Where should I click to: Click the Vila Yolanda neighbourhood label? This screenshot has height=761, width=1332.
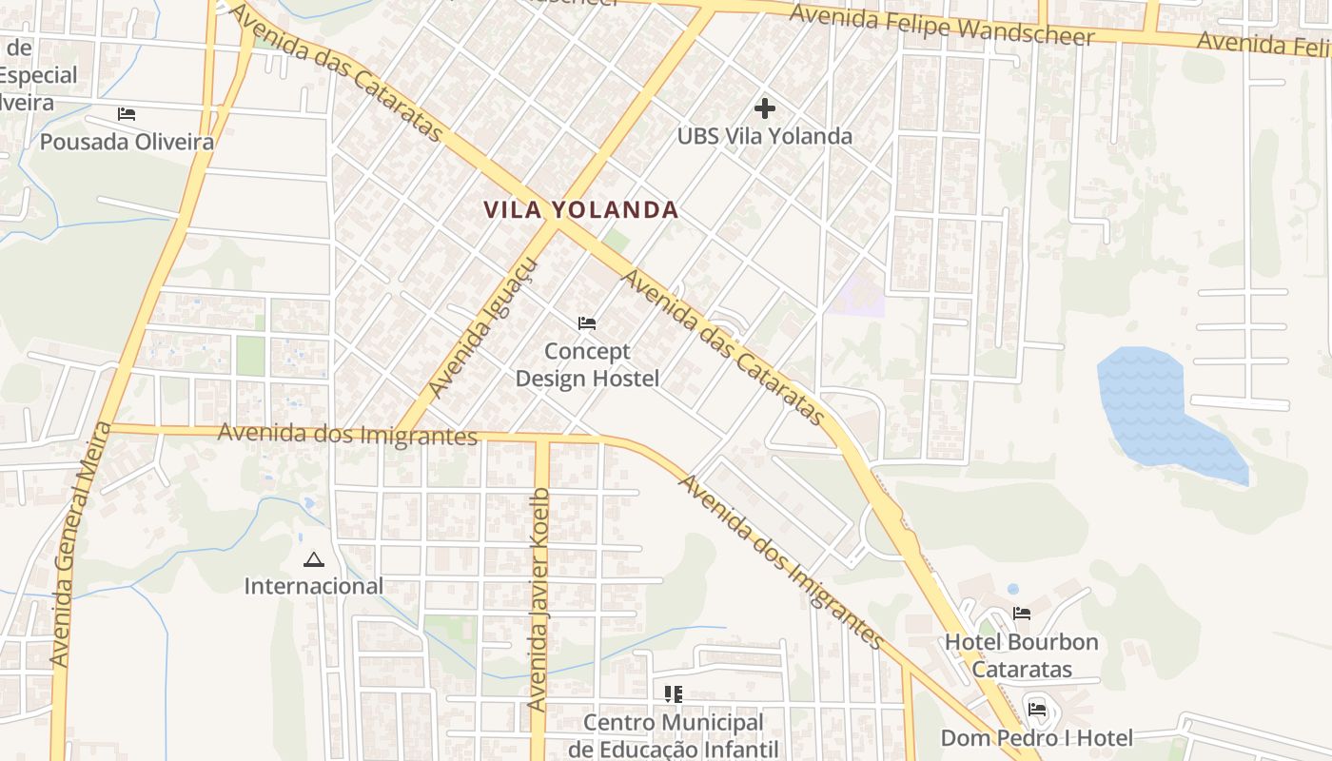(580, 210)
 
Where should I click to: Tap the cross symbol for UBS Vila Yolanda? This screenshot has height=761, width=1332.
(764, 107)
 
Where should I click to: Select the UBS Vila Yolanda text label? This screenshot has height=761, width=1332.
(764, 136)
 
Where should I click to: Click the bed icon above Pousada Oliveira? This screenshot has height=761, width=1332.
(127, 114)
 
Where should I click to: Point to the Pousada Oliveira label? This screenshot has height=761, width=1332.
(127, 143)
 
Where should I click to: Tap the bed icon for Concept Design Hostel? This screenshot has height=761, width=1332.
(587, 323)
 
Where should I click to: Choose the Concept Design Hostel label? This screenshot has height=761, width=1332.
(587, 365)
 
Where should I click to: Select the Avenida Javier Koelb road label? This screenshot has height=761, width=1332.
(539, 599)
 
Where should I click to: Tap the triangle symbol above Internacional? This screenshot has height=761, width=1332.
(313, 559)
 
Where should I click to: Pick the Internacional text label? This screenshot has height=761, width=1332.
(313, 586)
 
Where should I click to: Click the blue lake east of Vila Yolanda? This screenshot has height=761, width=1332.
(1151, 404)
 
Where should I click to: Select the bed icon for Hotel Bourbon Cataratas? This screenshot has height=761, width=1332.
(1022, 614)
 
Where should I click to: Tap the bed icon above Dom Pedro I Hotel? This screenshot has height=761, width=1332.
(1037, 709)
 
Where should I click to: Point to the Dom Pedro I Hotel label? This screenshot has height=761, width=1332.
(1037, 738)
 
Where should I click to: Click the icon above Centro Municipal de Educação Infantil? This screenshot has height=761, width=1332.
(674, 694)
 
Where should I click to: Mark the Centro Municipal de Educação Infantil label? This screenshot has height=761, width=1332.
(674, 735)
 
